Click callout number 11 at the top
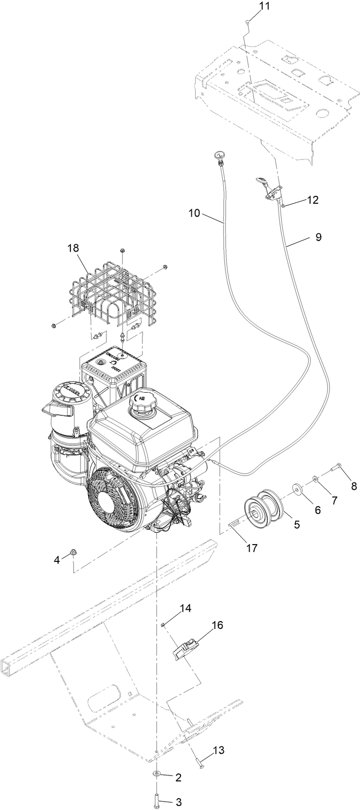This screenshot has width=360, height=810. (x=251, y=6)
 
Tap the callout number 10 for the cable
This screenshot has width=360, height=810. (x=194, y=213)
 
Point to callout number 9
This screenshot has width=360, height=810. (x=318, y=237)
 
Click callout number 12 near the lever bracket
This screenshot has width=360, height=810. (x=313, y=200)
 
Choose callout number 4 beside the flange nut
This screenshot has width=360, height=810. (x=57, y=559)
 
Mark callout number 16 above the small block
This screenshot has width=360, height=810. (x=217, y=625)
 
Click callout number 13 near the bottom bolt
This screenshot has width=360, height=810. (x=218, y=750)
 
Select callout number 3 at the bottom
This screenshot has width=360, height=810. (x=179, y=803)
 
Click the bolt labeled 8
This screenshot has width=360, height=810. (x=336, y=465)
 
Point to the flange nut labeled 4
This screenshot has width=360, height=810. (x=73, y=551)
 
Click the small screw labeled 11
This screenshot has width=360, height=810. (x=246, y=21)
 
